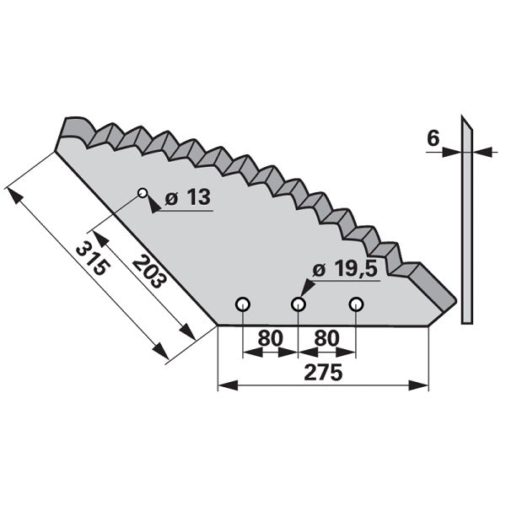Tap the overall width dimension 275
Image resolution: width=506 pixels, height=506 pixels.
pos(323,373)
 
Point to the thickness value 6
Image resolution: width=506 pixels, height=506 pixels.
pos(433,138)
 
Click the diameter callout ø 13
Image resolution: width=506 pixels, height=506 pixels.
pos(188,196)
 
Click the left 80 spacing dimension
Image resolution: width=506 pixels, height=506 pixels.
pos(270,337)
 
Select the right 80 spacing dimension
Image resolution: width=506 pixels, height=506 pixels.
pos(326,337)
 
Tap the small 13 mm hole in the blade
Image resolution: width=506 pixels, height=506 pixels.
pos(143,193)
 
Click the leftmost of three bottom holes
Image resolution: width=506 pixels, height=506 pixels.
pos(242,304)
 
